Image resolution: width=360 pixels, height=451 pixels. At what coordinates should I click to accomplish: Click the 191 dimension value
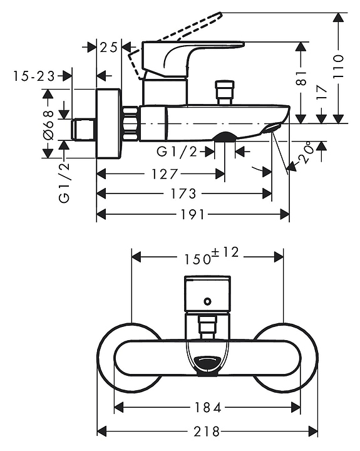point(192,214)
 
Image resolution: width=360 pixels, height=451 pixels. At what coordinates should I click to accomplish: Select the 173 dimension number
point(183,194)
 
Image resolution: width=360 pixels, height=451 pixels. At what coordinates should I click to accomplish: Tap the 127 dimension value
point(165,174)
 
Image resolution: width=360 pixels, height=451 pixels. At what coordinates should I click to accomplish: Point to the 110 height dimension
point(339,66)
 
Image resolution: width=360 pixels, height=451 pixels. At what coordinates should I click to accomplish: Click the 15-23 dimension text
point(34,76)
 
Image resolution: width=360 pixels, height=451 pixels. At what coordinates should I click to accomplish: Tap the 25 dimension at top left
point(109,47)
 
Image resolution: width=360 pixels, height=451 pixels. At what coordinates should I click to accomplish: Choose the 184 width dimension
point(208,407)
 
